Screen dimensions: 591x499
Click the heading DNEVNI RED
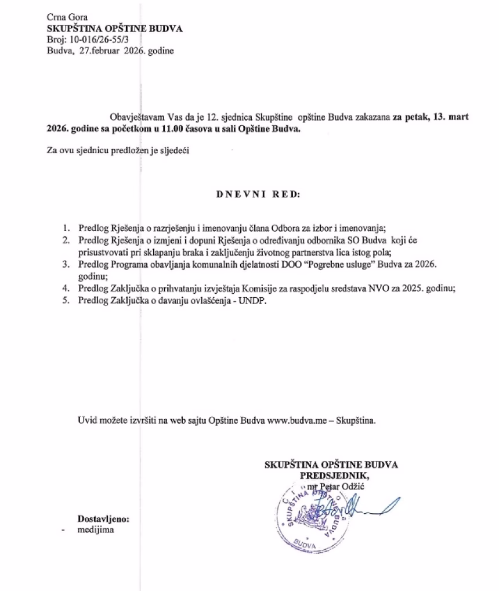click(x=258, y=194)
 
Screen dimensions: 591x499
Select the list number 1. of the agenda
click(x=67, y=228)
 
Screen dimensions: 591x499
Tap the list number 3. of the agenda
click(x=67, y=264)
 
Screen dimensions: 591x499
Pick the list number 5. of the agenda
click(x=67, y=301)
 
